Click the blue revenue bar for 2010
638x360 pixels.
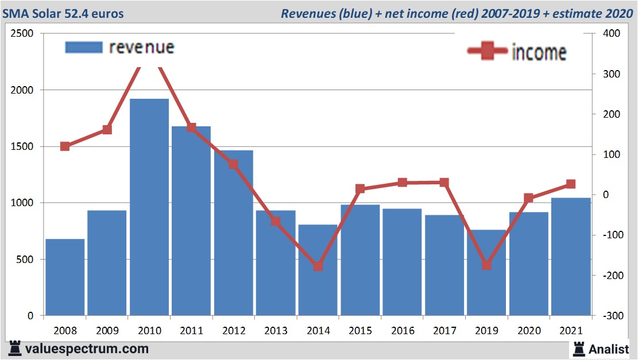click(149, 207)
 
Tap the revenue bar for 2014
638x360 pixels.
click(318, 270)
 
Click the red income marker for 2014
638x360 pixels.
click(318, 266)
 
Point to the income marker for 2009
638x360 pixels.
click(107, 130)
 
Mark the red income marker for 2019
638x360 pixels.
click(486, 265)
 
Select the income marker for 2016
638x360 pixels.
click(403, 183)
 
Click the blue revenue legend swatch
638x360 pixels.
click(83, 47)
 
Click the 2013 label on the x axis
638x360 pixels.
click(276, 331)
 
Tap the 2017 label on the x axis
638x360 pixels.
click(444, 331)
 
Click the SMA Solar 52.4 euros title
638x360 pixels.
click(63, 13)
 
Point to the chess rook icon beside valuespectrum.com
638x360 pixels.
click(15, 349)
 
